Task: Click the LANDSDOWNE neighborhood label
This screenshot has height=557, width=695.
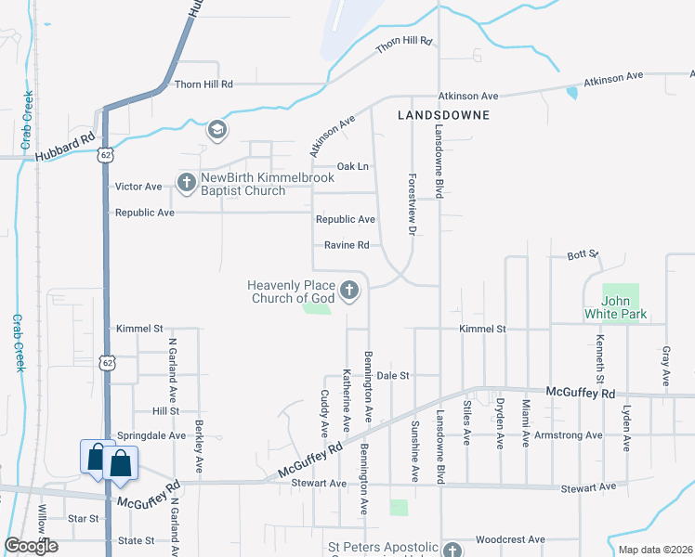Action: coord(442,115)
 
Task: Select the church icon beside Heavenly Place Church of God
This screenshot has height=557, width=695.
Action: coord(349,292)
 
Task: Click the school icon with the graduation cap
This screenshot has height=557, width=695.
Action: coord(217,130)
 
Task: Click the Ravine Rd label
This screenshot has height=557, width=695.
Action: coord(347,245)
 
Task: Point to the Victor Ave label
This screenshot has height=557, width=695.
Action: coord(138,187)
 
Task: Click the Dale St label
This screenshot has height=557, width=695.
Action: coord(394,375)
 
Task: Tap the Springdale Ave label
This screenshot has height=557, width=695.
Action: coord(146,434)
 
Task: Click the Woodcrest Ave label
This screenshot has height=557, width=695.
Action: coord(509,539)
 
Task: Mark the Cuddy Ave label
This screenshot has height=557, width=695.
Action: coord(324,413)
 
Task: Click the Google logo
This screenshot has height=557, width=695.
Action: coord(31,546)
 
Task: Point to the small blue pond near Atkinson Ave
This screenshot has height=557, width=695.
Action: coord(570,92)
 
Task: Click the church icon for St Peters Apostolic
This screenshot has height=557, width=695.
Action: coord(452,551)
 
